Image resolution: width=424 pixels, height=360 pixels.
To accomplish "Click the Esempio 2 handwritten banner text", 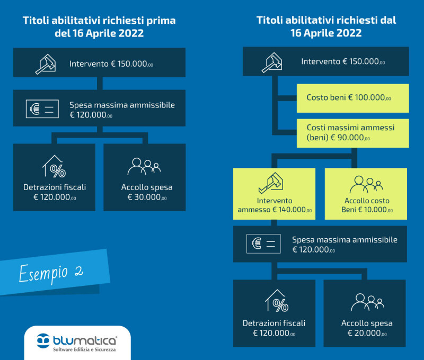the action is point(51,273).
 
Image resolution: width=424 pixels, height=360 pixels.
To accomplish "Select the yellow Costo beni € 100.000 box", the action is point(352,98).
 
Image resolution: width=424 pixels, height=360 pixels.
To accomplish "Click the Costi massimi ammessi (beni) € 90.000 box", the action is point(352,133).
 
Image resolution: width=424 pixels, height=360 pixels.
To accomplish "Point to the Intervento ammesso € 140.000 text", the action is point(275,205).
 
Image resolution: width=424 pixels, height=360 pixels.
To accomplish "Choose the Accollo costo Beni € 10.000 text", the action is point(367,205).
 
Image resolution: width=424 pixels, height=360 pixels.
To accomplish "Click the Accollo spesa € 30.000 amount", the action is point(147,197).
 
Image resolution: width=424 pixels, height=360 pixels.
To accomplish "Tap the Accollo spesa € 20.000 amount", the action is point(367,333).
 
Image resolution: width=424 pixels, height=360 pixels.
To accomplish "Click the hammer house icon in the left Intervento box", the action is point(46,64).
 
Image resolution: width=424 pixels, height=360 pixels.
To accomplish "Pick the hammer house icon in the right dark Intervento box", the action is point(272,62).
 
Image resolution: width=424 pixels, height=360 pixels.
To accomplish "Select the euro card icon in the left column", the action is point(42,109).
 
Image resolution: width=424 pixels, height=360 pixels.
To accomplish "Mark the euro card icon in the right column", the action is point(263,244).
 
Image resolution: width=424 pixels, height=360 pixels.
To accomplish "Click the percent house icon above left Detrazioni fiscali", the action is point(54,166).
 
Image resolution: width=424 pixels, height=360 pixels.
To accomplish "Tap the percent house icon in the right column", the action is point(277,301).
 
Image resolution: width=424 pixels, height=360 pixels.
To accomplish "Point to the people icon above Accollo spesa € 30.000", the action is point(144,166).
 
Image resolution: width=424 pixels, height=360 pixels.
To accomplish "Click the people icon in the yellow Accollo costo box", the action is point(366,184).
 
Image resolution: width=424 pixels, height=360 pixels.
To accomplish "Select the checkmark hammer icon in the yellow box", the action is point(271,183).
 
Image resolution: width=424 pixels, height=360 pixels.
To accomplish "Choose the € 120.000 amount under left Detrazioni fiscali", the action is point(55,197).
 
